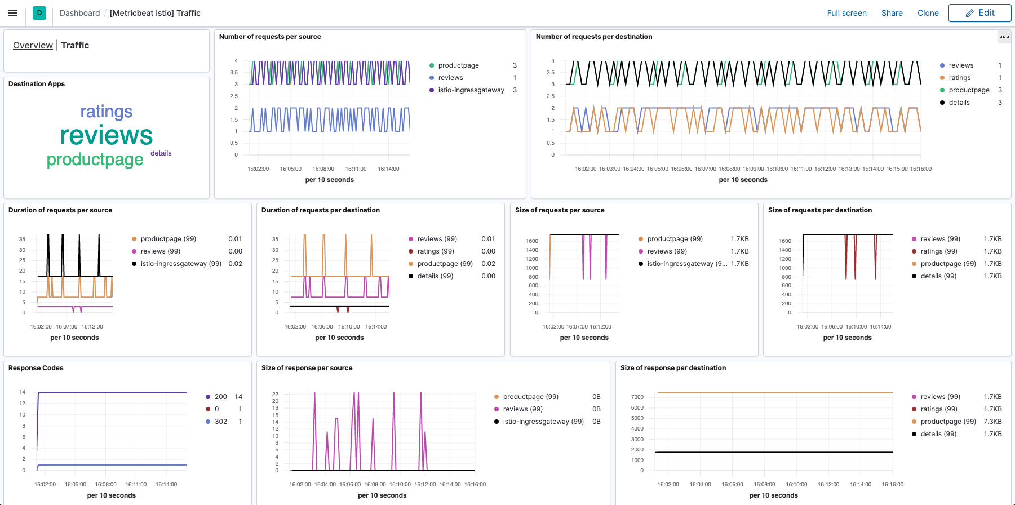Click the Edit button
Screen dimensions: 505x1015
(x=979, y=13)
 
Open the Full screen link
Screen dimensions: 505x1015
(x=846, y=13)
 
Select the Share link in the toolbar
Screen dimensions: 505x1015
(x=892, y=13)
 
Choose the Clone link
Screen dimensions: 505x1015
(x=928, y=13)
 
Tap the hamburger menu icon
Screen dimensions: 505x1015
(x=12, y=13)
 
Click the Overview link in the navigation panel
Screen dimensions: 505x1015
(x=33, y=45)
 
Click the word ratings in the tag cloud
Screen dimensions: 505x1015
(x=107, y=112)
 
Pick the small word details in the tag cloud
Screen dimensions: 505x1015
(x=161, y=153)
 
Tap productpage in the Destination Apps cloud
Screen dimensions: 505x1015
(x=95, y=160)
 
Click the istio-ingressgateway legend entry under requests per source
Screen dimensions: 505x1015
(x=471, y=90)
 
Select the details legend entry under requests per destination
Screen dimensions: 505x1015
(x=959, y=103)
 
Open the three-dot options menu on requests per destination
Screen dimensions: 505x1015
(x=1004, y=37)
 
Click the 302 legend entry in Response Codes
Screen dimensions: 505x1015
(x=221, y=422)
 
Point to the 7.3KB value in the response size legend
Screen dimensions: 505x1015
(x=992, y=422)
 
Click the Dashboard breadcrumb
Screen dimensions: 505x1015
(x=79, y=13)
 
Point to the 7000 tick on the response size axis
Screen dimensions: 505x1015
(x=637, y=397)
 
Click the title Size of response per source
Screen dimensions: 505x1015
(x=307, y=368)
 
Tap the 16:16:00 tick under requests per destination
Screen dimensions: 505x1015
(x=921, y=169)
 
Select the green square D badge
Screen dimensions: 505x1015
(x=39, y=13)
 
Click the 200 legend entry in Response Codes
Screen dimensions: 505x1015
(x=221, y=397)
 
